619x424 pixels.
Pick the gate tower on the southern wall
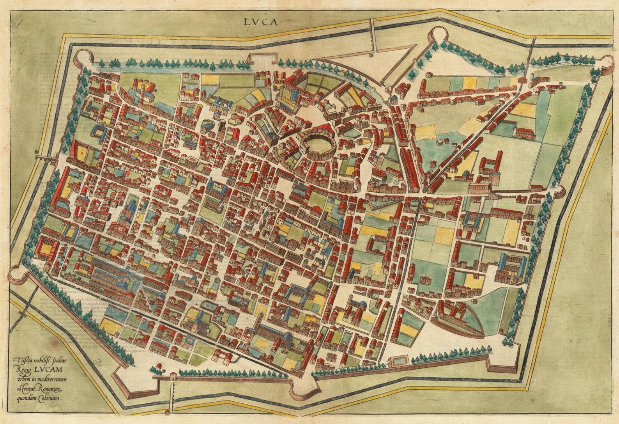click(172, 377)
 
